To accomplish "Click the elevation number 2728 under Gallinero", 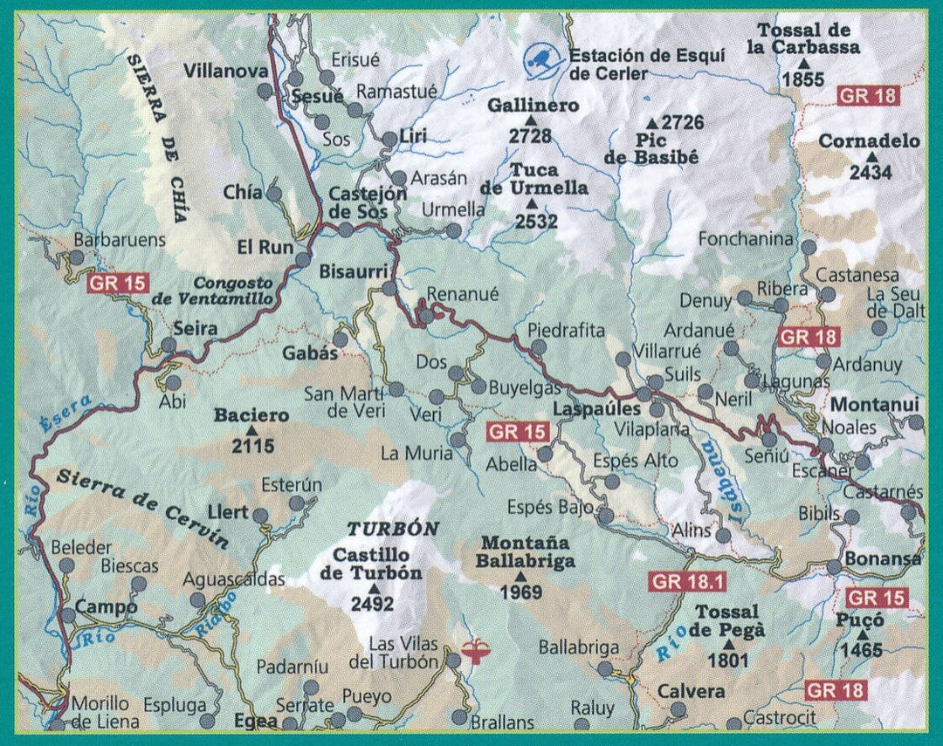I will [531, 135].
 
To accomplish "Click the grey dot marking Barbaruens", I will [77, 257].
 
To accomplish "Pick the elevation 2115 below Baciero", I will [253, 447].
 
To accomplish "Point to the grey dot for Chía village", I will [273, 194].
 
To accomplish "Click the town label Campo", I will [106, 606].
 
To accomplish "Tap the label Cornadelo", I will [869, 141].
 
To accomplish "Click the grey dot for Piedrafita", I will [539, 347].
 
